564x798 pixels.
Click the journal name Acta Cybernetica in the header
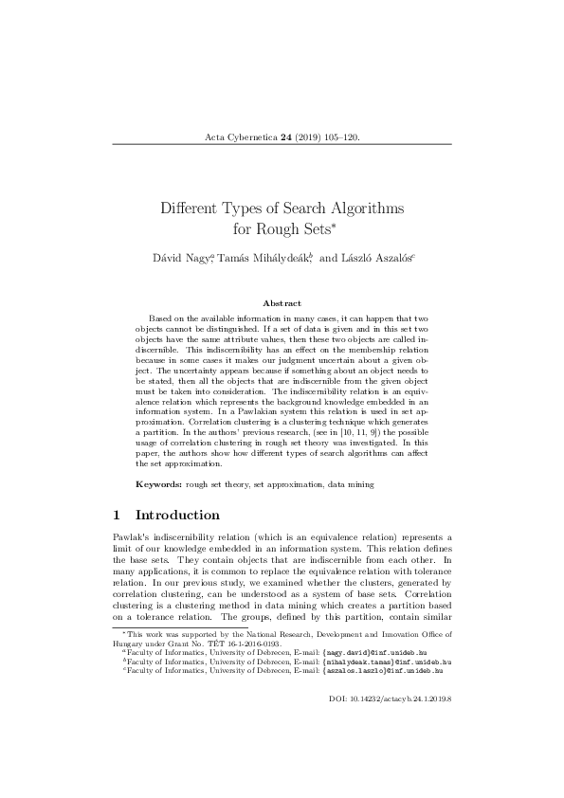tap(241, 137)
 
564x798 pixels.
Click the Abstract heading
tap(282, 302)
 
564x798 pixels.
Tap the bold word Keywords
tap(155, 484)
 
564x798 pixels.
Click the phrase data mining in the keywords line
tap(350, 484)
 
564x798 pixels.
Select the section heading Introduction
tap(178, 516)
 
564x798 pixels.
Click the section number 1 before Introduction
tap(116, 516)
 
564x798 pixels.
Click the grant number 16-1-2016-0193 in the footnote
tap(217, 642)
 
